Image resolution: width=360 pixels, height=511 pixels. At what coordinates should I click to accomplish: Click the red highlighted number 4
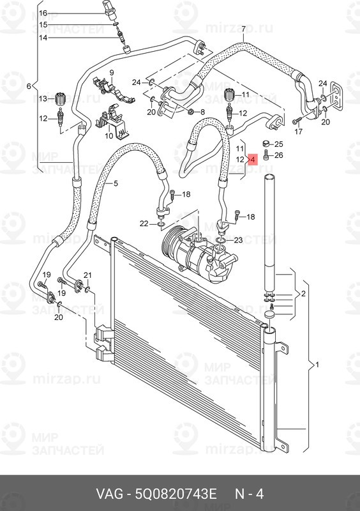(252, 159)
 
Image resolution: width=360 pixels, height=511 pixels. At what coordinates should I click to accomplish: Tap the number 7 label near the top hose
(243, 29)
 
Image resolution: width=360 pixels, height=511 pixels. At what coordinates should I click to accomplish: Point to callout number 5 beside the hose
(116, 184)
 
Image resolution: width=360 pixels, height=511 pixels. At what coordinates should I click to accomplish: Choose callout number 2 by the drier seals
(304, 294)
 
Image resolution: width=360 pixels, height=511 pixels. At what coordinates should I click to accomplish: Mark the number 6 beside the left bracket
(28, 86)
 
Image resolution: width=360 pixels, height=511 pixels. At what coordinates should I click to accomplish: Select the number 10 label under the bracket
(109, 135)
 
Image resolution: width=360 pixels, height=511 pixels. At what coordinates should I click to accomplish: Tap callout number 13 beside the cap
(43, 98)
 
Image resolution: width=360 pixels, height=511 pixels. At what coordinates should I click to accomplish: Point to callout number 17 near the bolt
(297, 132)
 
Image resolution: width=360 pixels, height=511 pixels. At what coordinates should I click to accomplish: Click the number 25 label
(278, 144)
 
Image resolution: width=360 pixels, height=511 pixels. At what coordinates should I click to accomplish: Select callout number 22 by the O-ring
(144, 223)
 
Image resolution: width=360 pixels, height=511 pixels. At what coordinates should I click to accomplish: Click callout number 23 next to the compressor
(238, 240)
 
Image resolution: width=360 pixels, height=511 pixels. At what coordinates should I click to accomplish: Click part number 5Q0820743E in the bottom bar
(176, 494)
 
